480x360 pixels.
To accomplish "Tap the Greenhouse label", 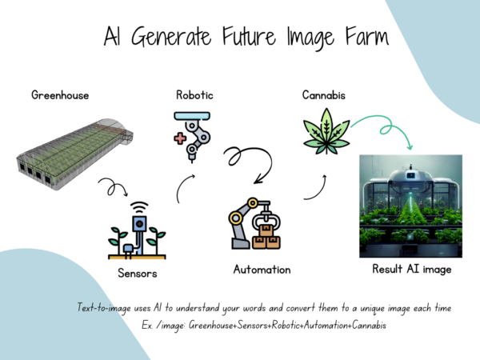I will click(x=60, y=95).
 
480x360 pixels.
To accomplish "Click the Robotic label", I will click(x=194, y=95).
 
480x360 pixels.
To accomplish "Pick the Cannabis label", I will click(x=323, y=95).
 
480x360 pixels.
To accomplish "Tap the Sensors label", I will click(x=138, y=274).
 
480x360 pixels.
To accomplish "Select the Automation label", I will click(x=262, y=269).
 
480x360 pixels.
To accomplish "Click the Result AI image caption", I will click(x=411, y=269).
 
